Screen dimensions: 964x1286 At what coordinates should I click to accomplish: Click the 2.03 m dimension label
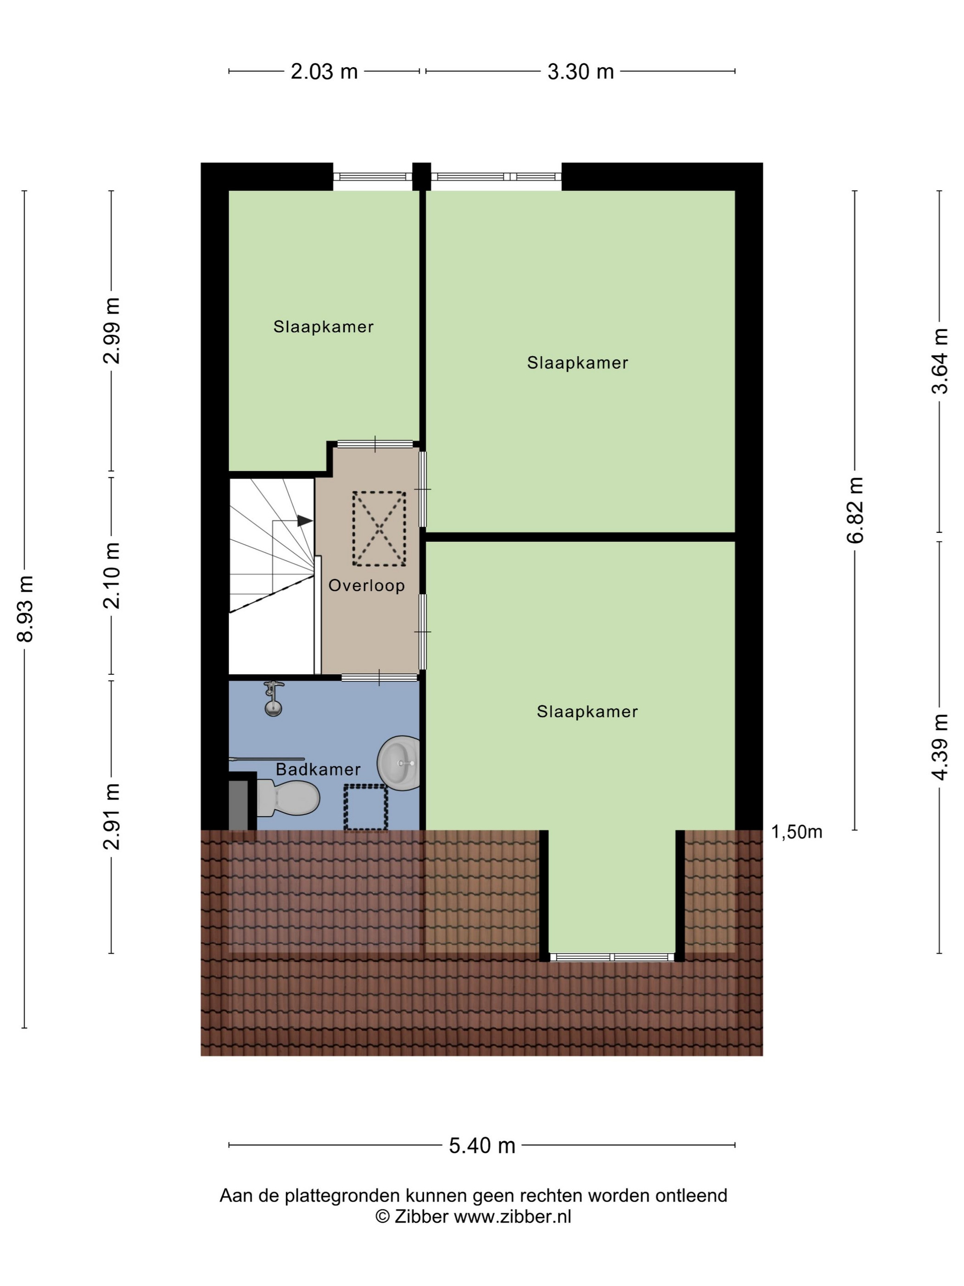point(324,72)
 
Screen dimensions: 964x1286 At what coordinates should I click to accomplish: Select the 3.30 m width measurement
point(580,72)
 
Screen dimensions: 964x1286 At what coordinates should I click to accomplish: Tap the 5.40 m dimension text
point(482,1145)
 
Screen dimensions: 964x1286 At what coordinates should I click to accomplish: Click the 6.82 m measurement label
point(855,510)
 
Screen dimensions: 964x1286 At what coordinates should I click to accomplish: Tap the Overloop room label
point(366,586)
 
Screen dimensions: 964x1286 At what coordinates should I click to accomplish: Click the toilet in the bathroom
point(288,798)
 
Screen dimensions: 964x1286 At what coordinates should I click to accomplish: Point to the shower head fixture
point(273,698)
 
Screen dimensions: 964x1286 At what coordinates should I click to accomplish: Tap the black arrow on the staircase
point(304,521)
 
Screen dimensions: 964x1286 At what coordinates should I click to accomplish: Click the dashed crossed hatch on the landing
point(379,529)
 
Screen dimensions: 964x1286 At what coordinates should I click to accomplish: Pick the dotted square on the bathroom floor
point(365,807)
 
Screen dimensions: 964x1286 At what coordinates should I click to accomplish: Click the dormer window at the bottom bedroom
point(611,957)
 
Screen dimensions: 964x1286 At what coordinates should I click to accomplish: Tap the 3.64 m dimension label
point(940,361)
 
